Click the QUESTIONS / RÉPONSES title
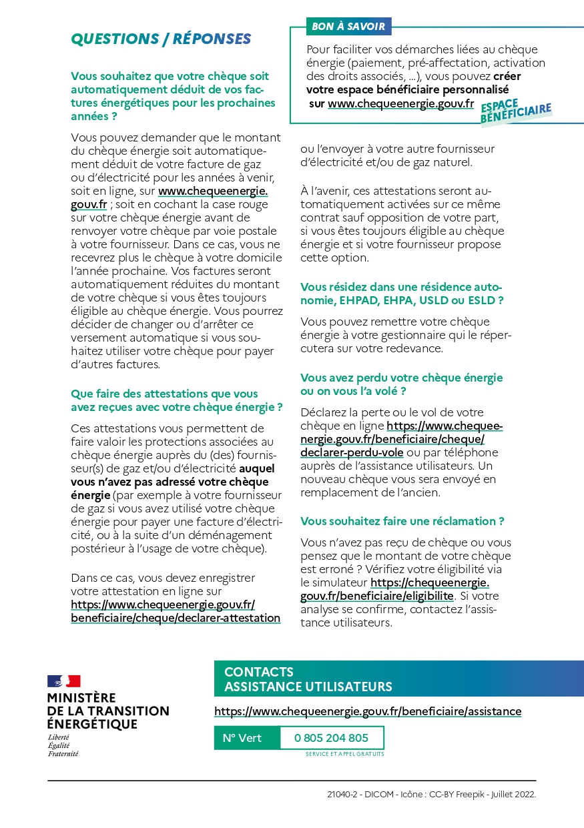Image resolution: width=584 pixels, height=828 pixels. point(161,39)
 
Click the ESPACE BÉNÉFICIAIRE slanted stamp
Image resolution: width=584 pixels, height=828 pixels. point(516,113)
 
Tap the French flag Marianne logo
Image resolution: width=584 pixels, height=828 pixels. point(64,681)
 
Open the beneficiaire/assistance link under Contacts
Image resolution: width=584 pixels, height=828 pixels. point(368,711)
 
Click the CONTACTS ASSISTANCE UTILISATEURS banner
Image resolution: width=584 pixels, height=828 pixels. point(398,679)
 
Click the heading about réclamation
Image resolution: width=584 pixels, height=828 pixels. point(402,521)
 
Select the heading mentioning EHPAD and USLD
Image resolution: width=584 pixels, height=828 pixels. point(402,294)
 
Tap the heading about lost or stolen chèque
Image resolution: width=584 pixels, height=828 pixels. point(401,384)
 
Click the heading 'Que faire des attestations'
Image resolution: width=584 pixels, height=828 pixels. point(176,400)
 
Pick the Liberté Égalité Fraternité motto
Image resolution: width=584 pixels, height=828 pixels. point(63,745)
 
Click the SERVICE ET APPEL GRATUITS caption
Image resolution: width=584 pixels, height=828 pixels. point(344,754)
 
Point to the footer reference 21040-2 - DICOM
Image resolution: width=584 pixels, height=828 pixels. point(431,795)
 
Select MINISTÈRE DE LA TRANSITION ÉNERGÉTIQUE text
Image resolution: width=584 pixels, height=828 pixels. point(108,711)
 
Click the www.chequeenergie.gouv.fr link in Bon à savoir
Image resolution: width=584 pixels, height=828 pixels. point(400,104)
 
